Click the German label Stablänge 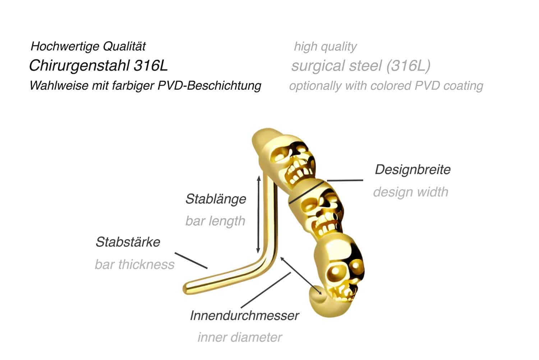click(216, 199)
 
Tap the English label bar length click(215, 221)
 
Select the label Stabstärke click(128, 242)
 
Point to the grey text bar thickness click(134, 264)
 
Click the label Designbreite click(413, 169)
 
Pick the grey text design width click(410, 192)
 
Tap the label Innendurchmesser click(244, 315)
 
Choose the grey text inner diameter click(240, 337)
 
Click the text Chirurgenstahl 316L click(98, 65)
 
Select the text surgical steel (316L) click(361, 66)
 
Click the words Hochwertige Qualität click(88, 46)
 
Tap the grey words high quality click(325, 46)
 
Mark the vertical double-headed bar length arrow click(259, 215)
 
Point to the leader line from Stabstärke click(191, 260)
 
